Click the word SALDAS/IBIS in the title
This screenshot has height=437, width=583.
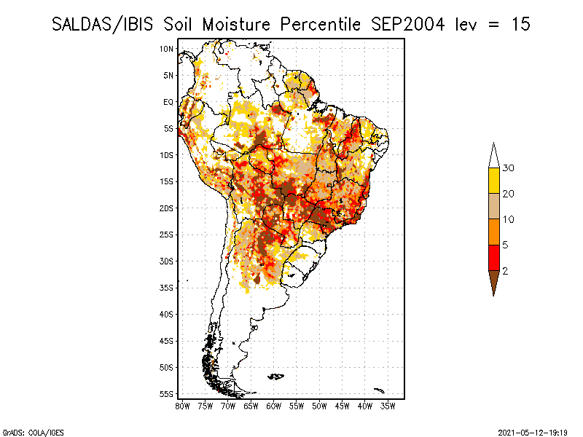pyautogui.click(x=102, y=25)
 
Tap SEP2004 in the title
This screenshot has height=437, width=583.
pyautogui.click(x=407, y=25)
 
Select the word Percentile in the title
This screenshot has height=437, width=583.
pyautogui.click(x=320, y=25)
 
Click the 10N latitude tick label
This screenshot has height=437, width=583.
pyautogui.click(x=167, y=49)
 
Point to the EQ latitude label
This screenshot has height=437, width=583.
pyautogui.click(x=168, y=102)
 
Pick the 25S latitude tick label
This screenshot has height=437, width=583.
pyautogui.click(x=167, y=235)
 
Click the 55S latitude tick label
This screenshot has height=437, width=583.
pyautogui.click(x=167, y=394)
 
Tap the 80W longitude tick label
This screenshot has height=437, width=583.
pyautogui.click(x=182, y=406)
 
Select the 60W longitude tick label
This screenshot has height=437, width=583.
pyautogui.click(x=274, y=406)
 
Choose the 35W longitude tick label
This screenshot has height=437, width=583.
pyautogui.click(x=388, y=406)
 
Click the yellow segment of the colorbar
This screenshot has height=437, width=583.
pyautogui.click(x=494, y=181)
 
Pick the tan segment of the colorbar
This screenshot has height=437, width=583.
pyautogui.click(x=494, y=206)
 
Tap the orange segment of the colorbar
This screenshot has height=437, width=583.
pyautogui.click(x=494, y=232)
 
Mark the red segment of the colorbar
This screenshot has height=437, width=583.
pyautogui.click(x=494, y=258)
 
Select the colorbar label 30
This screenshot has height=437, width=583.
pyautogui.click(x=508, y=168)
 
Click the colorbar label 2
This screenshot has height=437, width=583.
pyautogui.click(x=505, y=271)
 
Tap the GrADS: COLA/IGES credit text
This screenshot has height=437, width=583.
pyautogui.click(x=33, y=433)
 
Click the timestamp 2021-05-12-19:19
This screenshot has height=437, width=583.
pyautogui.click(x=533, y=433)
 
